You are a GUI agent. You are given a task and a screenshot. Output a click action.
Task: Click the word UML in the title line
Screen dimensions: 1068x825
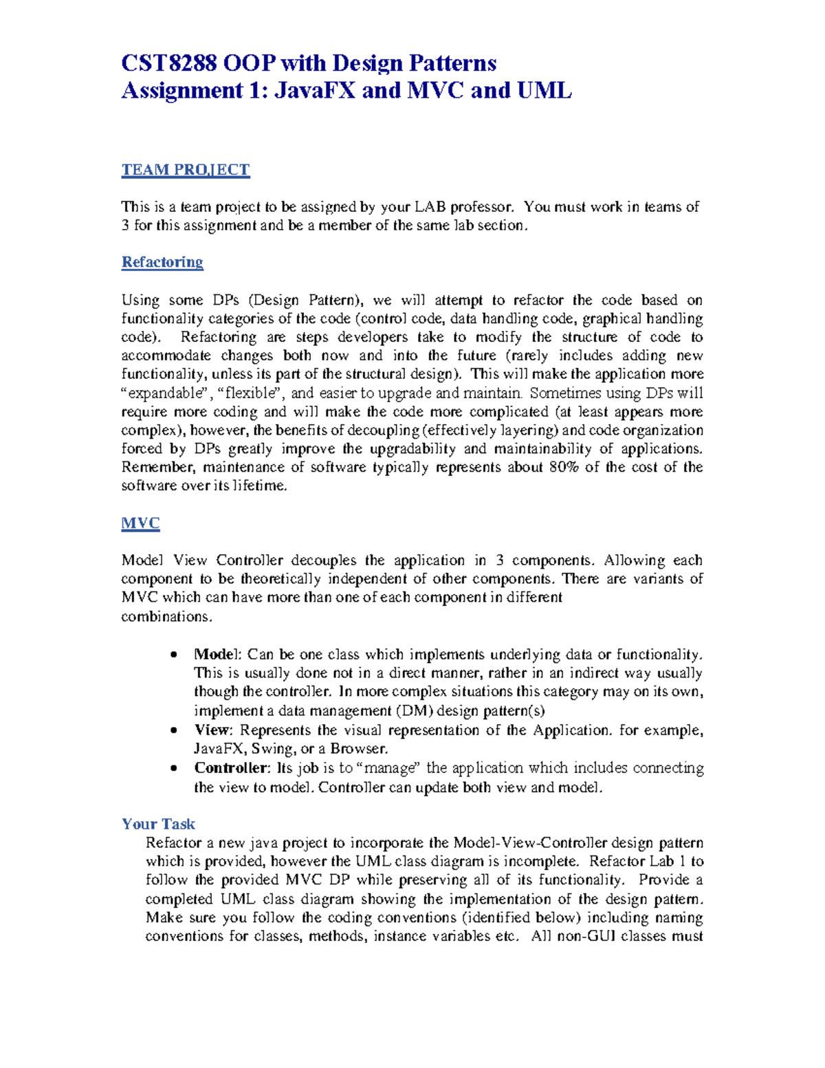click(x=544, y=90)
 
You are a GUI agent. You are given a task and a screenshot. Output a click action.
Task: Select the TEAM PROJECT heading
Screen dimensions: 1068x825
click(x=186, y=170)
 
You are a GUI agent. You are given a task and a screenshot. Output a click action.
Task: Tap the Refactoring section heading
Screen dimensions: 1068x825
click(x=162, y=262)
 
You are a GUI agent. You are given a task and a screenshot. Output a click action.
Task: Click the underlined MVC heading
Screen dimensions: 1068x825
click(x=140, y=523)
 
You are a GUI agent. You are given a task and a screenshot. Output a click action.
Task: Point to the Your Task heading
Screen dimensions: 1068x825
click(x=158, y=824)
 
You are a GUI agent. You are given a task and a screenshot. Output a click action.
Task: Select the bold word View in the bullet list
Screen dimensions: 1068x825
click(x=212, y=730)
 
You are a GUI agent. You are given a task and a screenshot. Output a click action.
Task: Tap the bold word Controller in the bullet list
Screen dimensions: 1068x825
click(x=231, y=767)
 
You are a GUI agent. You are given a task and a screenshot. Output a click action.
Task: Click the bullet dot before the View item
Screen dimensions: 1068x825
click(x=175, y=730)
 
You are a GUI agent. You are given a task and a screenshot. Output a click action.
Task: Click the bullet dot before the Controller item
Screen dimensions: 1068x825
click(x=175, y=768)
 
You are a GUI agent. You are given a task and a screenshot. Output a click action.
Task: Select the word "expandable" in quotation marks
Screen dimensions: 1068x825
click(x=160, y=393)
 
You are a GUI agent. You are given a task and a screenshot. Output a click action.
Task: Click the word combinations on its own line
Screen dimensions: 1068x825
click(x=166, y=617)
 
